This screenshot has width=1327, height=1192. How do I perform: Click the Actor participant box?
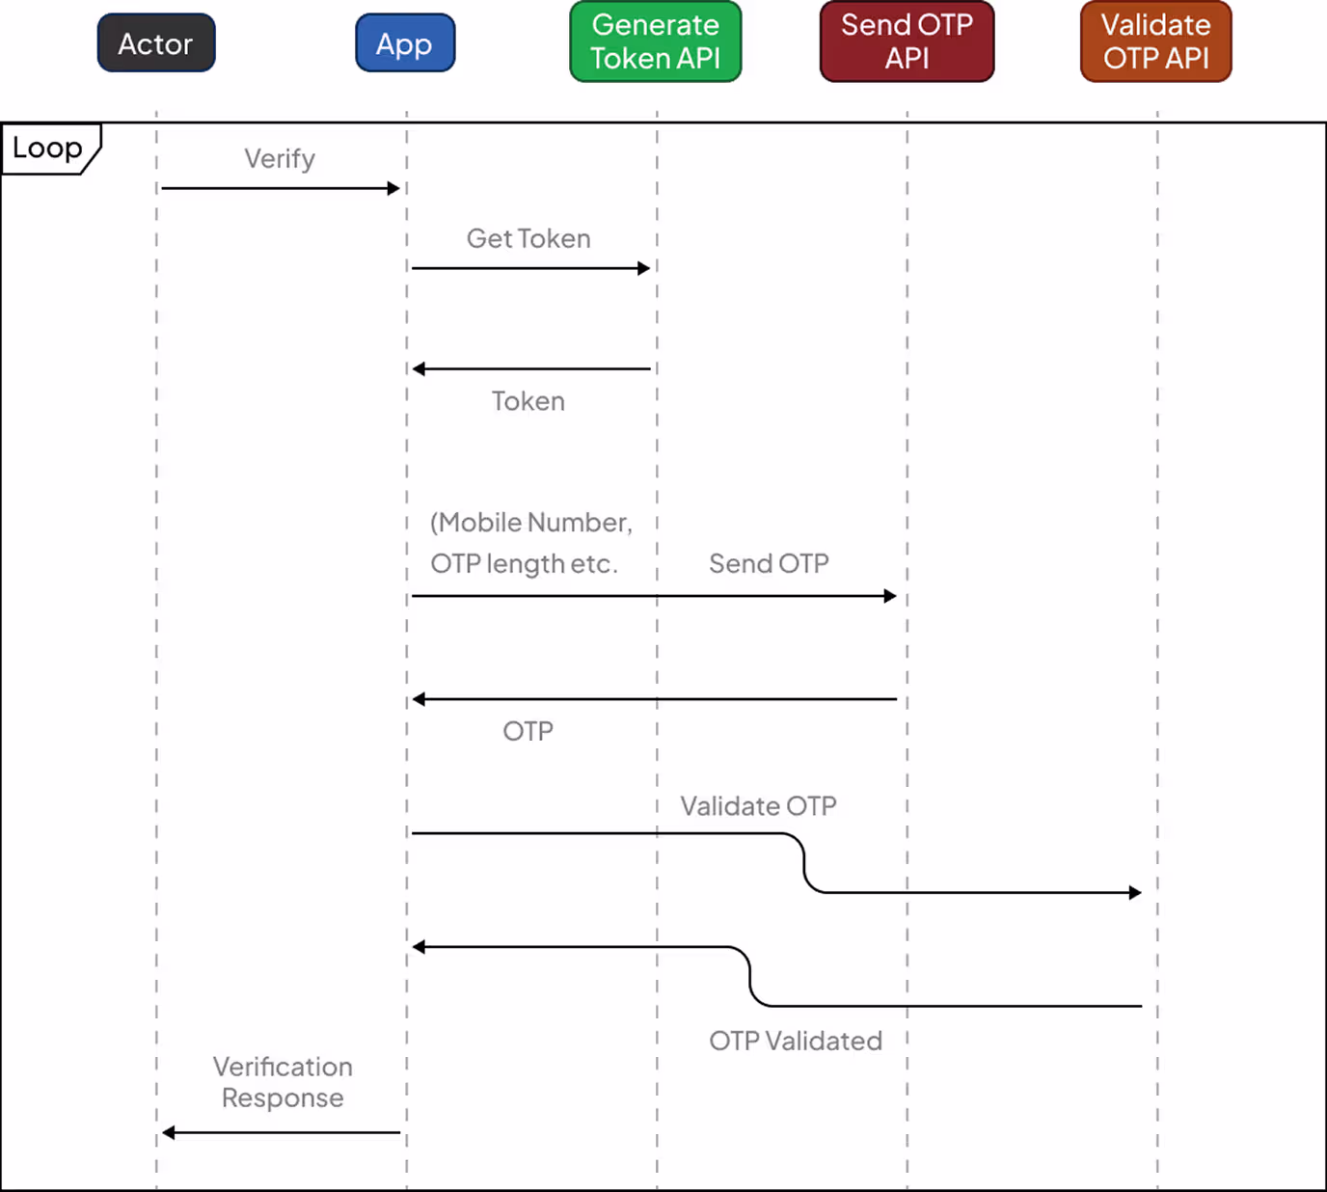(x=156, y=43)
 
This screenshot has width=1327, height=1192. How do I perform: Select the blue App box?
(x=405, y=43)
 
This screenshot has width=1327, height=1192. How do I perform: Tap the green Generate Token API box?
(x=656, y=41)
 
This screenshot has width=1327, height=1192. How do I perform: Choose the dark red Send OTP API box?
(x=907, y=41)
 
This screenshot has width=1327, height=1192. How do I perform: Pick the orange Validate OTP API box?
(x=1155, y=41)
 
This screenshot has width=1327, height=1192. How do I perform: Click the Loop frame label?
(x=48, y=149)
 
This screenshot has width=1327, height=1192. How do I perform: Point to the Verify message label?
(x=280, y=159)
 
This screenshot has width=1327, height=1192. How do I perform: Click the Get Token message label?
(x=528, y=238)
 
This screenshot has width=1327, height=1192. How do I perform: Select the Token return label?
(x=528, y=401)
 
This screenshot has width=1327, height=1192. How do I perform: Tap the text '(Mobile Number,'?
(x=531, y=523)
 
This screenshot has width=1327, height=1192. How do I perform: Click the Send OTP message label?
(x=769, y=563)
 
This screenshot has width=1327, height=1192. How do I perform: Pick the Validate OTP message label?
(x=758, y=806)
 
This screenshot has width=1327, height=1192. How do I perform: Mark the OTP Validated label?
(x=796, y=1041)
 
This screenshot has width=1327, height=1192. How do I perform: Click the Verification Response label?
(x=283, y=1082)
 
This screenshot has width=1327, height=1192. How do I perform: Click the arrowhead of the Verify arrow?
(x=393, y=188)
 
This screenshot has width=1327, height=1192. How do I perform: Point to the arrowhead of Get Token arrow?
(x=644, y=268)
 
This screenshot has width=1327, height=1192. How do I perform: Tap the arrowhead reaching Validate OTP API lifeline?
(x=1135, y=893)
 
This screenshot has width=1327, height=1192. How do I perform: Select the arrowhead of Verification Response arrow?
(x=169, y=1132)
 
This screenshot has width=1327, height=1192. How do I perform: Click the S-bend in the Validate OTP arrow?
(x=804, y=863)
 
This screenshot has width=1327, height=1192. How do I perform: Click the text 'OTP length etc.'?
(x=524, y=564)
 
